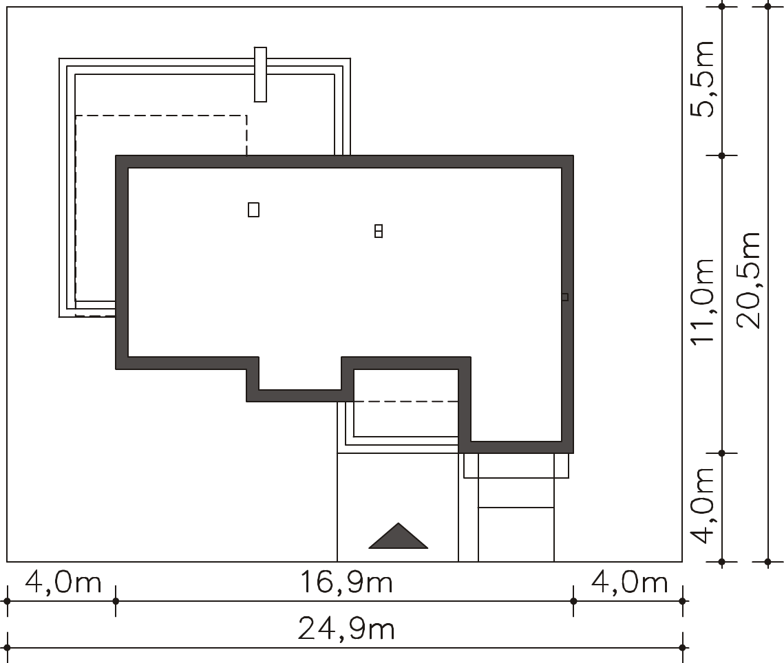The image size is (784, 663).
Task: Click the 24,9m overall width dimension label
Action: (346, 629)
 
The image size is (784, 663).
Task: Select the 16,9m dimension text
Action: (346, 583)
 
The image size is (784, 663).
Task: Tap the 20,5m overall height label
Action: (749, 280)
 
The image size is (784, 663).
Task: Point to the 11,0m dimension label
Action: (702, 301)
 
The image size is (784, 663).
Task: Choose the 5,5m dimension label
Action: (702, 79)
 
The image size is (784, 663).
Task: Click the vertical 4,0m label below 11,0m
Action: (702, 505)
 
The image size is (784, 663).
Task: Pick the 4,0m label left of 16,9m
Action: (63, 583)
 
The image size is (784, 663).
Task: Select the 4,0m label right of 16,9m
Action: (630, 583)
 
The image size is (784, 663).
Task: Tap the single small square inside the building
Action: (253, 210)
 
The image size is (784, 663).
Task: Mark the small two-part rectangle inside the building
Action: (379, 231)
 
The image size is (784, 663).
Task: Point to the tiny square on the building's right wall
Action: (565, 297)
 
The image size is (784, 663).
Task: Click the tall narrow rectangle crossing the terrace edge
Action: (260, 74)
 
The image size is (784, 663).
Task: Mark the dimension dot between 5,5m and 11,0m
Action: (721, 156)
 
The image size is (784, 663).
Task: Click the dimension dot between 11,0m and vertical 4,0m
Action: (721, 453)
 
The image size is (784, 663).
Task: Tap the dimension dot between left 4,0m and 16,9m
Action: (116, 601)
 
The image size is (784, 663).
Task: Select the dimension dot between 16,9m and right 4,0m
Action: (573, 601)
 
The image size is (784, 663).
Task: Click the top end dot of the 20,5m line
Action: (768, 6)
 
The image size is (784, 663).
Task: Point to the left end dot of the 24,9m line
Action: (7, 648)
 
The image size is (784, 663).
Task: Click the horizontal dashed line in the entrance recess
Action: (406, 401)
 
